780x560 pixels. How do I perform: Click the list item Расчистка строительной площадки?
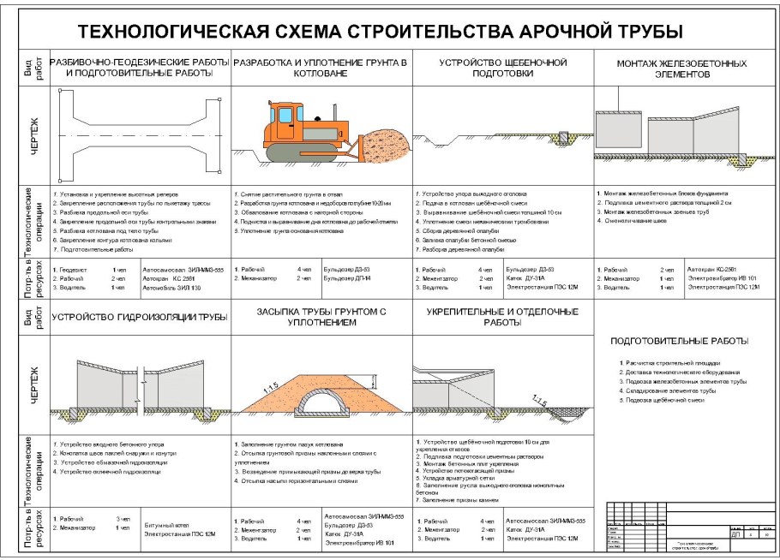click(673, 363)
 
